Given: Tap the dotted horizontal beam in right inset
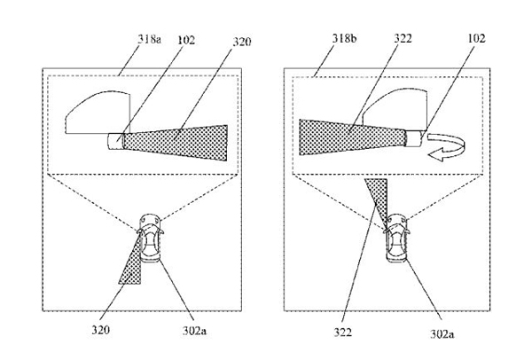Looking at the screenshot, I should (x=350, y=135).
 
